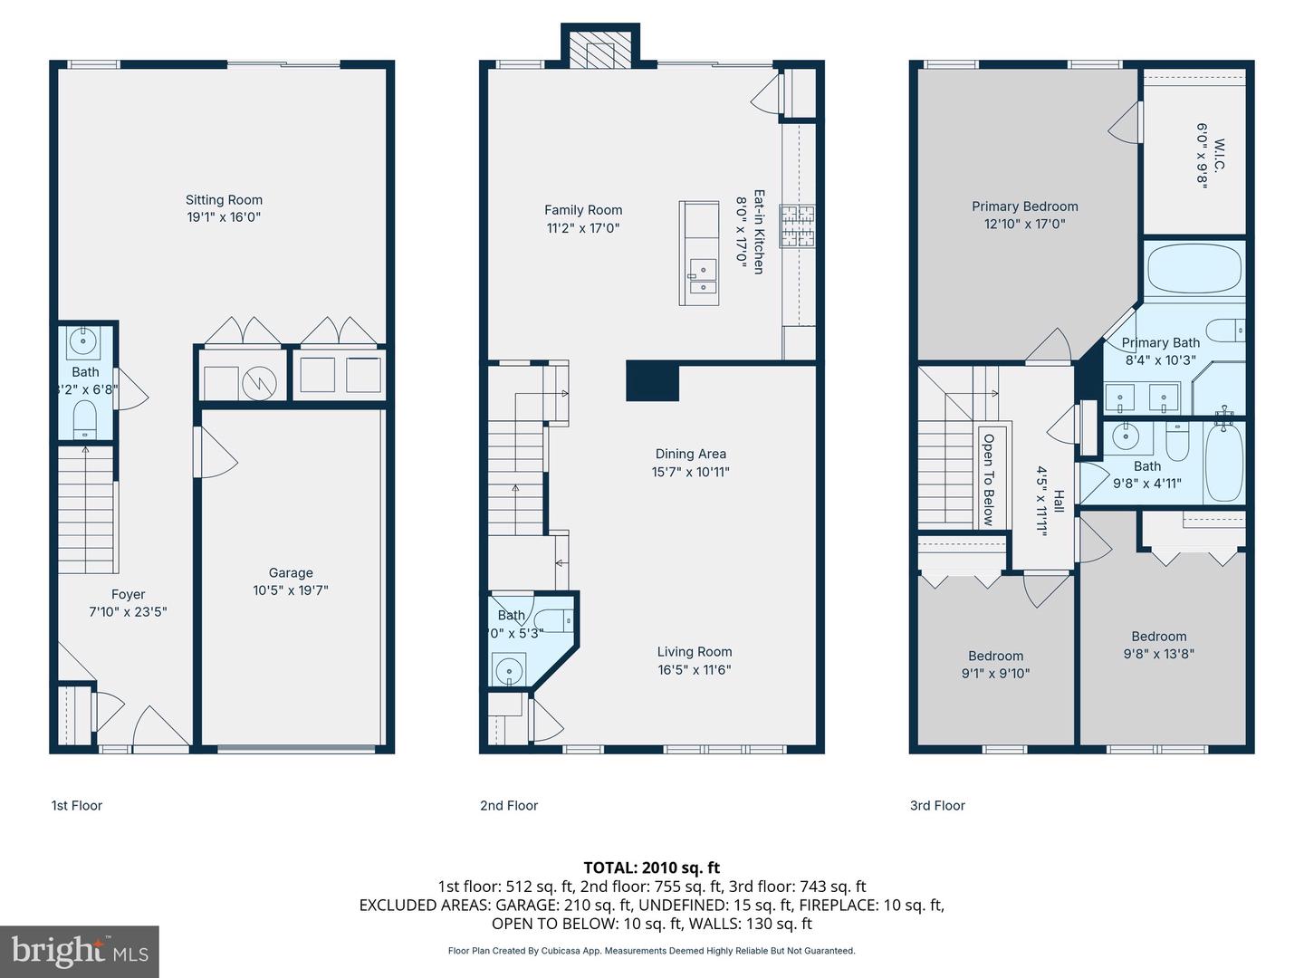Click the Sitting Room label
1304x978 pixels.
[x=224, y=200]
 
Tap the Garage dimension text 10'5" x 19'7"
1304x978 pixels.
[x=290, y=590]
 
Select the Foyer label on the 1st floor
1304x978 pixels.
[x=128, y=595]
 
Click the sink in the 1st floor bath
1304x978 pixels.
[x=85, y=340]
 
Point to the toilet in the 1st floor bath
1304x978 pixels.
[x=85, y=420]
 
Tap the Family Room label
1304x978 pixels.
[x=583, y=210]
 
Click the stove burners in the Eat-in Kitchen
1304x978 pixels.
[x=799, y=226]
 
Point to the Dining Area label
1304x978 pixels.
[x=690, y=455]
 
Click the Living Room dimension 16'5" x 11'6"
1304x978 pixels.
[x=694, y=670]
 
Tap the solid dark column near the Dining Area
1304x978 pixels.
[x=652, y=380]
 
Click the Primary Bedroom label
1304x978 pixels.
[x=1025, y=206]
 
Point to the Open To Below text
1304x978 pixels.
[x=988, y=479]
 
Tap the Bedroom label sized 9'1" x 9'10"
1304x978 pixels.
[x=995, y=657]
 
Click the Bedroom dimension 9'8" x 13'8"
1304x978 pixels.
[x=1158, y=654]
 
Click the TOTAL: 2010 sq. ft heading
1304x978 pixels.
[x=651, y=868]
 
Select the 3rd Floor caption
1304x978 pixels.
[x=937, y=805]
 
